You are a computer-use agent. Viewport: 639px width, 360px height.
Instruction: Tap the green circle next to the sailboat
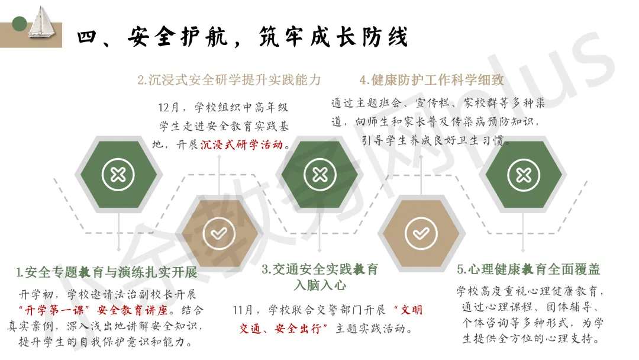pos(20,24)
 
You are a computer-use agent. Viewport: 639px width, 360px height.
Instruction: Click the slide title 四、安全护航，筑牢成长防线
pos(243,37)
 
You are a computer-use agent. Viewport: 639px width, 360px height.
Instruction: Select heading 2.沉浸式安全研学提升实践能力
pos(229,80)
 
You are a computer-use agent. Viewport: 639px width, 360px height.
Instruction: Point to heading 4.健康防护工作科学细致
pos(432,80)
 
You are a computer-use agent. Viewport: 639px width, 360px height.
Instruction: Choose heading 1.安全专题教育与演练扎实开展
pos(106,272)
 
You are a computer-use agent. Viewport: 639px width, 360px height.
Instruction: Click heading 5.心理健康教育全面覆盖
pos(528,269)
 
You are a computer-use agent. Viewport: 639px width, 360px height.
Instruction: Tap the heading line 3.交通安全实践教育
pos(319,269)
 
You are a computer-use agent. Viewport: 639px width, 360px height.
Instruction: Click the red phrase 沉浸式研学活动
pos(241,144)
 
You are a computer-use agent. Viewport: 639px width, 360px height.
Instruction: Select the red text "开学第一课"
pos(51,310)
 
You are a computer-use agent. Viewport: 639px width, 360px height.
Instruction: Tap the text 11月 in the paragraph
pos(245,310)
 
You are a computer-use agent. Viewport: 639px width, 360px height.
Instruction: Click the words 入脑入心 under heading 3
pos(319,285)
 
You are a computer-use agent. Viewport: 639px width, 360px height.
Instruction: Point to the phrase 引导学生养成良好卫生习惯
pos(437,141)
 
